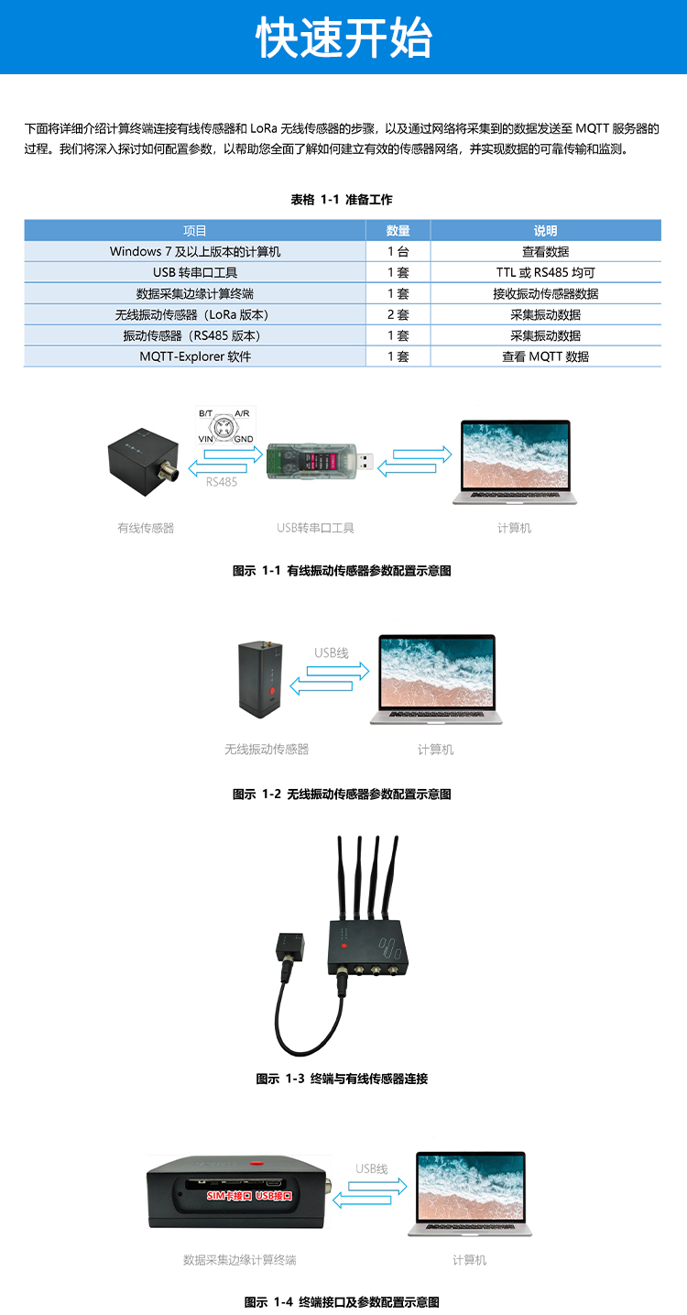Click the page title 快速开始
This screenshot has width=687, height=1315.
pos(343,38)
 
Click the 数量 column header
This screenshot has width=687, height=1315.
pos(398,231)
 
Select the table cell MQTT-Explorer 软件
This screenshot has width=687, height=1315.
pos(195,356)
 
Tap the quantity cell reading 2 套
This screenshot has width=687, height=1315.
pos(398,314)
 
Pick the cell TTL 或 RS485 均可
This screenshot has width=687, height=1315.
pos(546,272)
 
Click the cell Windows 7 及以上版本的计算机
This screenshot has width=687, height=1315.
pos(195,251)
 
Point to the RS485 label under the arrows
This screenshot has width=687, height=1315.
pos(222,482)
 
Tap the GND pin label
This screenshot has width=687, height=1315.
pos(244,439)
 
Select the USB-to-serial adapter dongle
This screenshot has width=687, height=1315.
pos(320,462)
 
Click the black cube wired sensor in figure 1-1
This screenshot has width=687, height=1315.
pos(145,462)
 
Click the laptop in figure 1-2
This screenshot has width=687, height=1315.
pos(437,680)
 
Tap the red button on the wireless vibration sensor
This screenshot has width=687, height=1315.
pos(272,689)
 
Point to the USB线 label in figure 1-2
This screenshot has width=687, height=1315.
pos(332,652)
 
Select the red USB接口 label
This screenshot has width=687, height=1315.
pos(274,1196)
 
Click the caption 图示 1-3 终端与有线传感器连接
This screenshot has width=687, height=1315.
pos(342,1079)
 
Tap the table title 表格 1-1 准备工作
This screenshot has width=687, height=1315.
pos(342,200)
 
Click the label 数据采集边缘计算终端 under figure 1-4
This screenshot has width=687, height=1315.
pos(239,1260)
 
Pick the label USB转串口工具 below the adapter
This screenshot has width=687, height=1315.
pos(316,528)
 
